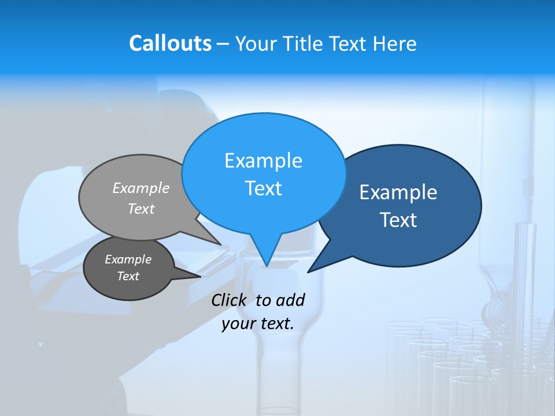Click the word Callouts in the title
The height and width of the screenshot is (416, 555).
point(170,43)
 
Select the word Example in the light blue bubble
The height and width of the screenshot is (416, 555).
point(263,160)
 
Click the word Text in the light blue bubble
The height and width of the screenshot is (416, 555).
point(263,188)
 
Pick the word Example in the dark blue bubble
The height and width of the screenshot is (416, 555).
point(398,192)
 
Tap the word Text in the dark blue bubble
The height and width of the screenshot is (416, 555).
point(398,220)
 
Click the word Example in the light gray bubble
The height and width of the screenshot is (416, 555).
point(141,188)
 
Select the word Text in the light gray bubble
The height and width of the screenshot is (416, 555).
point(141,209)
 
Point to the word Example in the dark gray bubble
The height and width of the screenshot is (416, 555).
point(128,259)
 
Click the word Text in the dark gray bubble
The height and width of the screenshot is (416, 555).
point(128,276)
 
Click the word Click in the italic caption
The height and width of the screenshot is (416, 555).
point(230,300)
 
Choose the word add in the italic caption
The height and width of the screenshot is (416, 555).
point(290,300)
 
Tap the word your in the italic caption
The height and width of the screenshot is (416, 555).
point(237,324)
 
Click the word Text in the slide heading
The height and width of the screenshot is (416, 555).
point(350,43)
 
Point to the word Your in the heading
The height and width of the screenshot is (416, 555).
point(255,43)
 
